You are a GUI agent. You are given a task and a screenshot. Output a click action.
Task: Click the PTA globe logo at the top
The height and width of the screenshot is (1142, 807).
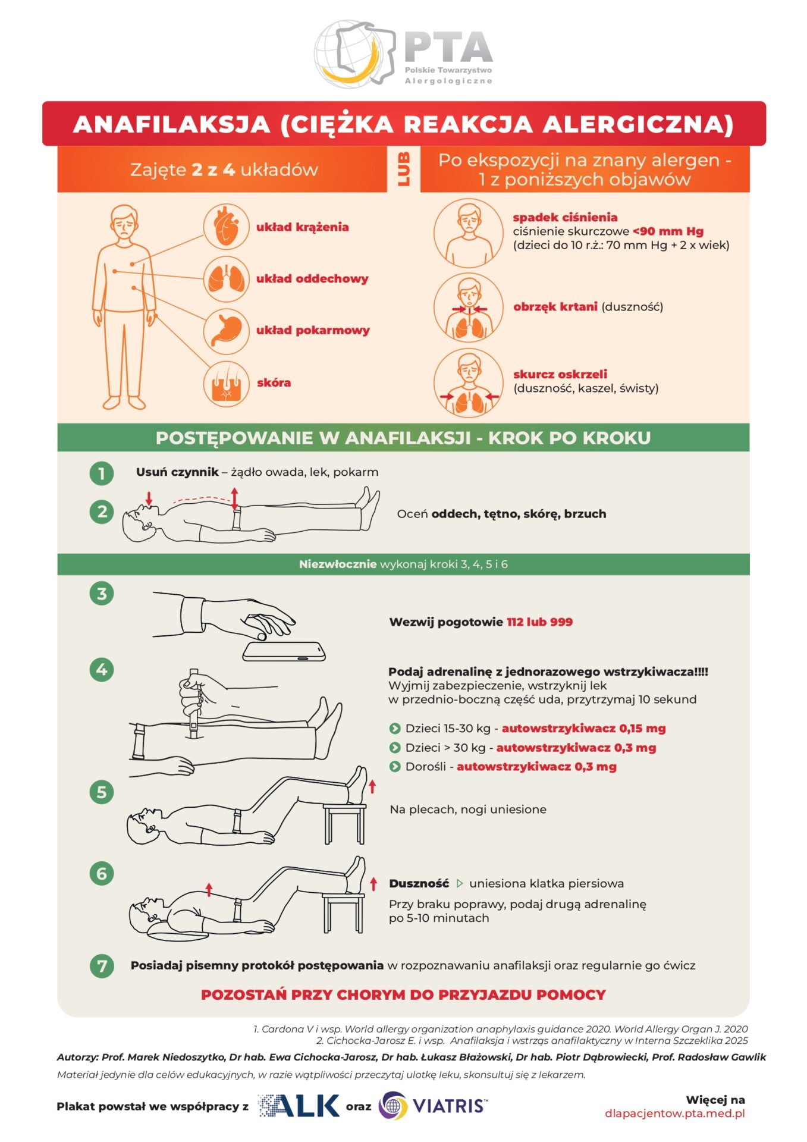(x=355, y=54)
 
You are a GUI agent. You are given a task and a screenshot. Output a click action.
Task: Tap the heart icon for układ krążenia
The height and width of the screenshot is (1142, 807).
(x=226, y=227)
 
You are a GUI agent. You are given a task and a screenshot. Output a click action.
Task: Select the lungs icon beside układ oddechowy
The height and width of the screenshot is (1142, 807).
(x=226, y=278)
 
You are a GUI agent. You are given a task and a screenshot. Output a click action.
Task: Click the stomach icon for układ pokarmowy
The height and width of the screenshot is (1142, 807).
(x=226, y=331)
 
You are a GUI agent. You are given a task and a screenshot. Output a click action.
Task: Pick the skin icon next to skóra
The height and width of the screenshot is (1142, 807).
(x=226, y=383)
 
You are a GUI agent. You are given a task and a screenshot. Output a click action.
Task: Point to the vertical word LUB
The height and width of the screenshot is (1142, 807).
(x=404, y=169)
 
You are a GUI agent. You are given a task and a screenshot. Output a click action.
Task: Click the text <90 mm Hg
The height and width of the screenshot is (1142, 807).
(x=668, y=231)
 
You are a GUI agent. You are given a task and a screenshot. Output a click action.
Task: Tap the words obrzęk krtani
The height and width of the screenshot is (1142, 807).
(x=555, y=306)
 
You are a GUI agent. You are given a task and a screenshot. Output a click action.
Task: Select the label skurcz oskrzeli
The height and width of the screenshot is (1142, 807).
(x=560, y=374)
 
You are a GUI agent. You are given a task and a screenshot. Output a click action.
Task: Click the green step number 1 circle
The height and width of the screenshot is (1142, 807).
(x=102, y=473)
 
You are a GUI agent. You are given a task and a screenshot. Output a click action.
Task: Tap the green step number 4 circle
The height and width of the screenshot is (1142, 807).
(x=102, y=670)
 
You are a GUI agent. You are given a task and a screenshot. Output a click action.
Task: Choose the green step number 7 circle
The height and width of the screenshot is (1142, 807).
(x=102, y=965)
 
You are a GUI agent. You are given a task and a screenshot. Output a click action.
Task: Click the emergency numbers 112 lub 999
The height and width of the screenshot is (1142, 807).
(x=540, y=622)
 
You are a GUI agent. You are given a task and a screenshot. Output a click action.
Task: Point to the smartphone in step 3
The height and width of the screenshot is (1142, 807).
(x=284, y=651)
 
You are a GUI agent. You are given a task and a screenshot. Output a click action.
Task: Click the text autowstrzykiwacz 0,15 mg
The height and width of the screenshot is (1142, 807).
(x=584, y=728)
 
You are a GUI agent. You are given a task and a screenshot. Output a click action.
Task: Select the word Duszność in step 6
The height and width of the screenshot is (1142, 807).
(x=419, y=883)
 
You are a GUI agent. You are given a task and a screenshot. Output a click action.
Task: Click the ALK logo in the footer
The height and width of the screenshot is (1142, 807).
(x=299, y=1106)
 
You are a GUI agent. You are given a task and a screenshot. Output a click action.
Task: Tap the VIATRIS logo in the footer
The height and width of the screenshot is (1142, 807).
(x=434, y=1106)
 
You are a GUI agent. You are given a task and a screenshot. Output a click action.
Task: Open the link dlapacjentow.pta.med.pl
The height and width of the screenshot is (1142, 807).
(x=675, y=1113)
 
